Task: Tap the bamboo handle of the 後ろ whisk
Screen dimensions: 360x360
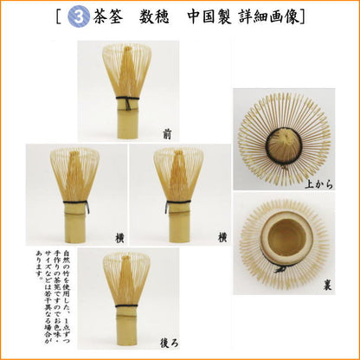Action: pyautogui.click(x=127, y=333)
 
